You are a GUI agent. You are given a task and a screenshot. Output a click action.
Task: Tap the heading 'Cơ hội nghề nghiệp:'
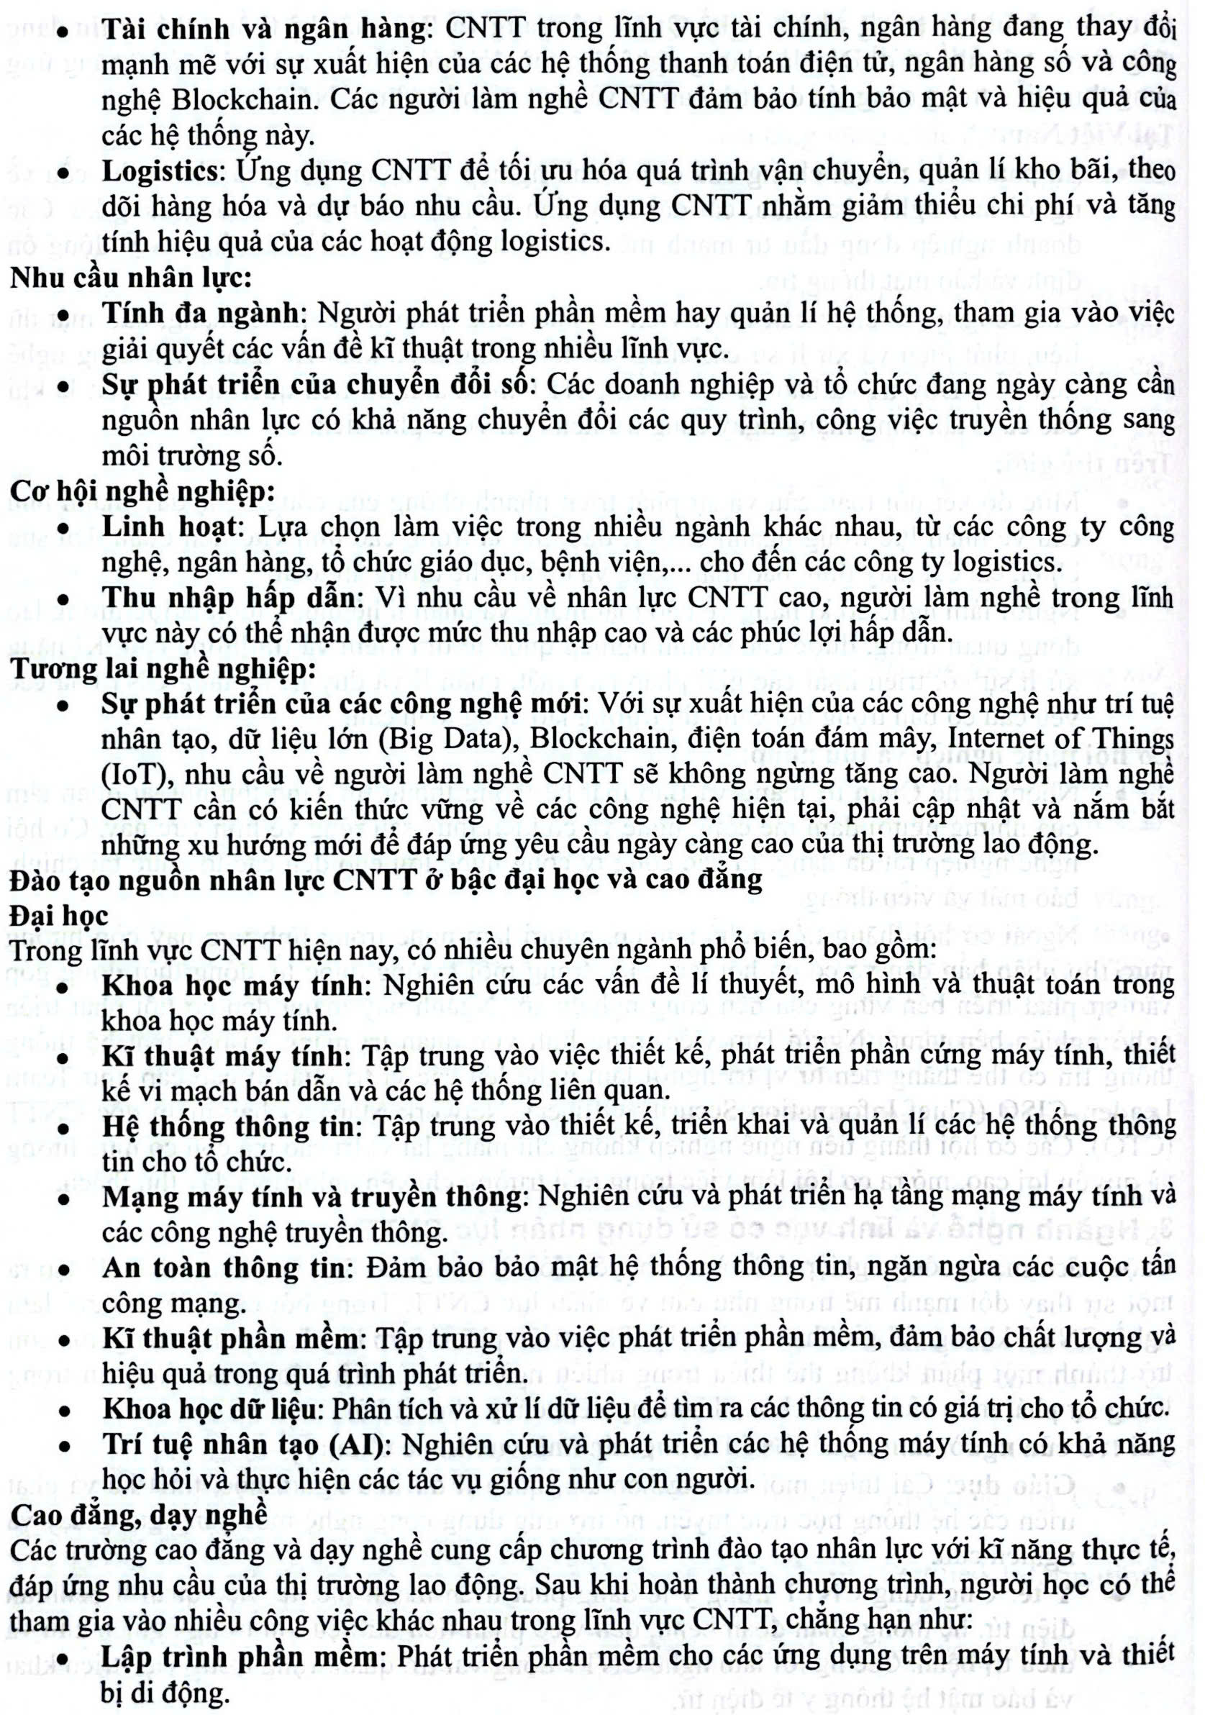click(142, 491)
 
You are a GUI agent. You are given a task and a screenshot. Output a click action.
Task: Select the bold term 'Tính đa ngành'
click(201, 314)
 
